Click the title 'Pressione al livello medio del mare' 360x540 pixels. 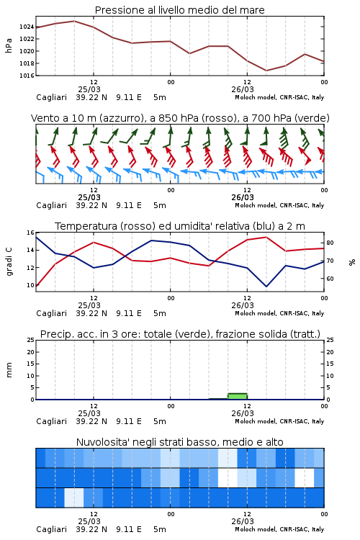(x=179, y=10)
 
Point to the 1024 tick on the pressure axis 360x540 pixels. (x=27, y=27)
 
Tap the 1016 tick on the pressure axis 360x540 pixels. (x=27, y=76)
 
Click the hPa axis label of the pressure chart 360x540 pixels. (x=9, y=45)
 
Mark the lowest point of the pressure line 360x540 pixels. (x=266, y=71)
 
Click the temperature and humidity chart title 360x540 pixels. (x=180, y=226)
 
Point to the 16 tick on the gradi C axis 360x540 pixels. (x=30, y=233)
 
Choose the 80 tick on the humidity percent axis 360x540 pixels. (x=330, y=243)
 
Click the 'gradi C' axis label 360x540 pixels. (x=9, y=262)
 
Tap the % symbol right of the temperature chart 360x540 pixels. (x=352, y=262)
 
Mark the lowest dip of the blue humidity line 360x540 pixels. (x=266, y=286)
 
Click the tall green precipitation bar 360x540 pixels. (x=238, y=397)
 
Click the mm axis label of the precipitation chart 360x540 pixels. (x=9, y=370)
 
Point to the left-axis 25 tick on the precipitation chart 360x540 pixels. (x=30, y=340)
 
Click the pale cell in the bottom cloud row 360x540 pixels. (x=74, y=498)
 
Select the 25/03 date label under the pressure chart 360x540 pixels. (x=89, y=89)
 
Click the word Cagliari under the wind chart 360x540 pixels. (x=51, y=205)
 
